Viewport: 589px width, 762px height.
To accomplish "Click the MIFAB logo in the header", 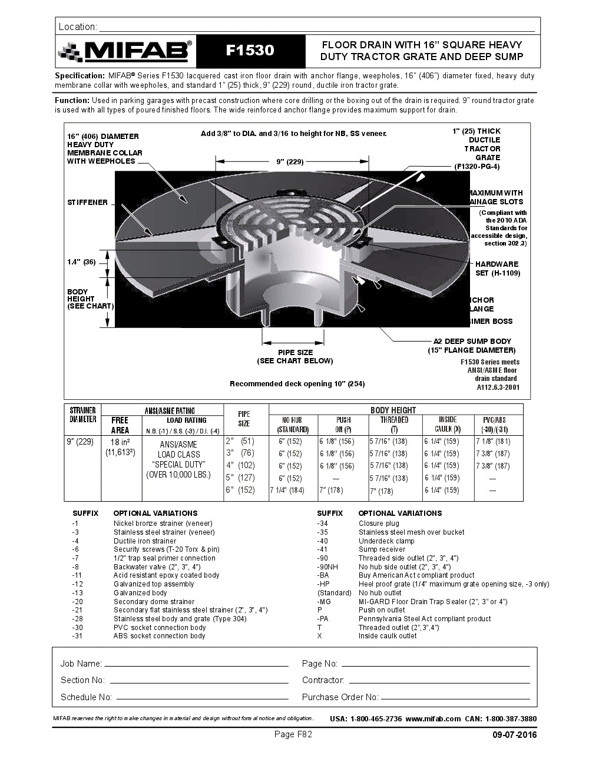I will pyautogui.click(x=125, y=52).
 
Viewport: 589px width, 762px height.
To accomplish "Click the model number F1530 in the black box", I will pyautogui.click(x=250, y=51).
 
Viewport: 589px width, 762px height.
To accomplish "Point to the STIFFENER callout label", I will pyautogui.click(x=87, y=203).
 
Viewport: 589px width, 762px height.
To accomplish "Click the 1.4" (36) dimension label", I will pyautogui.click(x=81, y=262).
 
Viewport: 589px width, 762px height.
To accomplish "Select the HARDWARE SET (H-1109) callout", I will pyautogui.click(x=497, y=269).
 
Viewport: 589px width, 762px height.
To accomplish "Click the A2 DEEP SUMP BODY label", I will pyautogui.click(x=472, y=342).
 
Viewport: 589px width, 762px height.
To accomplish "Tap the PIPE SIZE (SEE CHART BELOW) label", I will pyautogui.click(x=295, y=357).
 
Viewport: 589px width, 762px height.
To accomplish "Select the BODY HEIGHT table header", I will pyautogui.click(x=393, y=410).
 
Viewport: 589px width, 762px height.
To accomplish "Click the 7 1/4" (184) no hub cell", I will pyautogui.click(x=287, y=491).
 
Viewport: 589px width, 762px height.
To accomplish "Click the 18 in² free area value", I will pyautogui.click(x=120, y=442).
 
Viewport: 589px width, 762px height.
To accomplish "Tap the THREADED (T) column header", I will pyautogui.click(x=394, y=425).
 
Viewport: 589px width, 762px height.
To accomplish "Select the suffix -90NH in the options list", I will pyautogui.click(x=327, y=567).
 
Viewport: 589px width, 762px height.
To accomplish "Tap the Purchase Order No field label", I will pyautogui.click(x=340, y=697).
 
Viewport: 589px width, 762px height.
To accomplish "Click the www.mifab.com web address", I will pyautogui.click(x=433, y=719).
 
